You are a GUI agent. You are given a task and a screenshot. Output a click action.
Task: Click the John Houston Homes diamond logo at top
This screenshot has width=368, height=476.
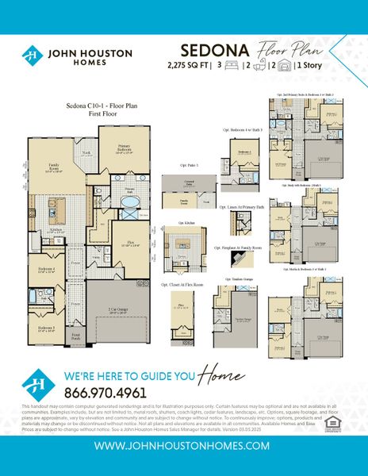[x=33, y=56]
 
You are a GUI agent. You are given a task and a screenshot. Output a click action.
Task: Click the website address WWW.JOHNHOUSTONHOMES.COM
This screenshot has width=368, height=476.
[x=183, y=446]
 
